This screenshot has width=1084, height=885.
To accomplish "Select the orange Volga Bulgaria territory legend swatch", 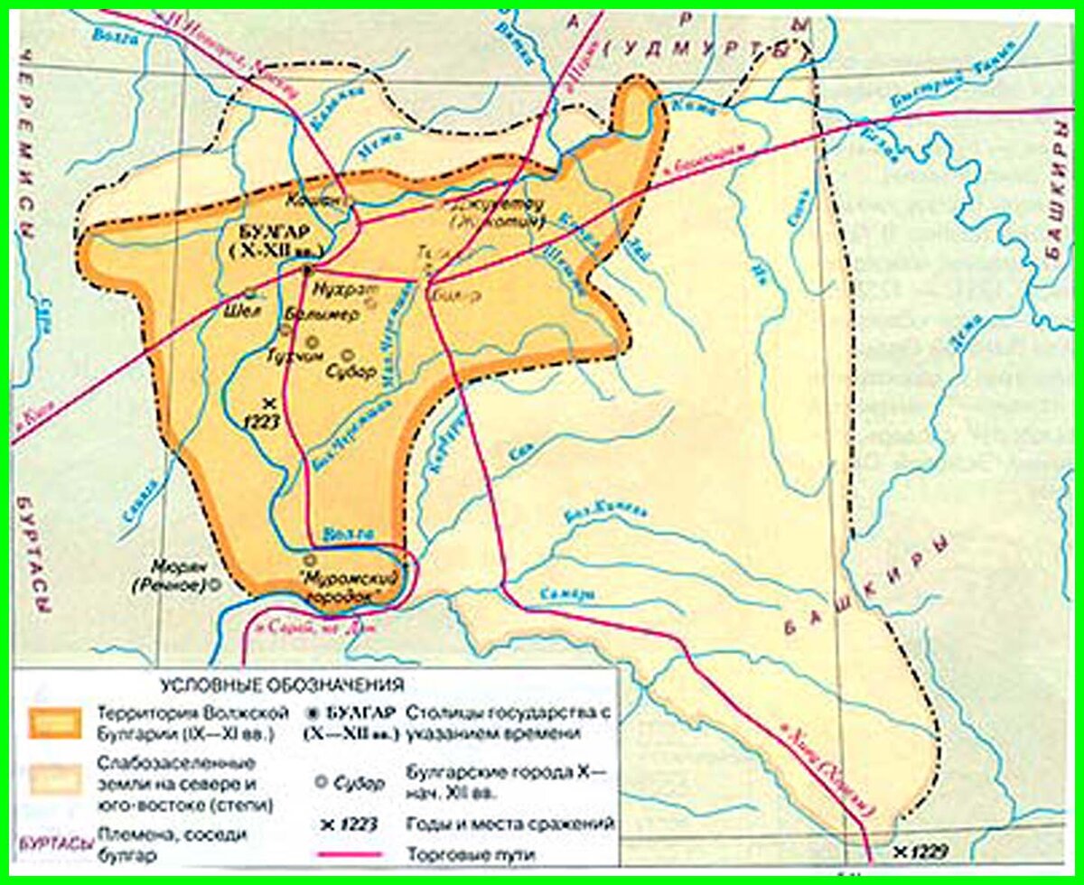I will click(54, 723).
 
